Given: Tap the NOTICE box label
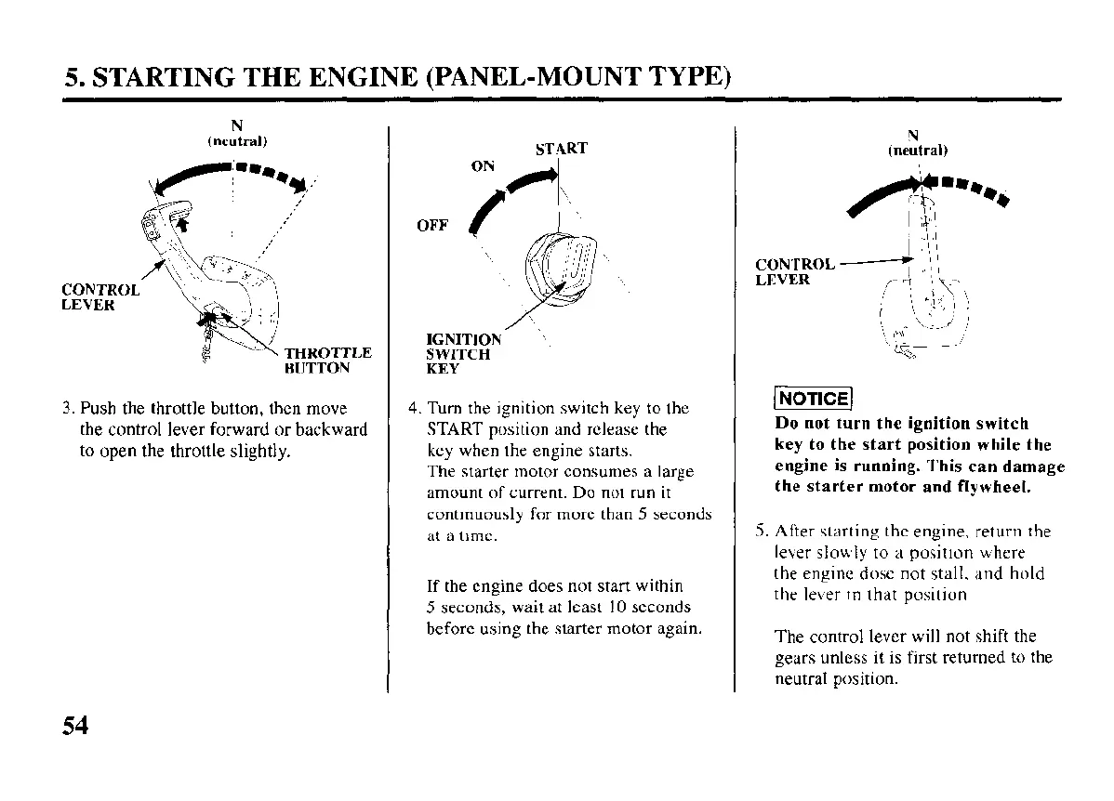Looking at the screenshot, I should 813,400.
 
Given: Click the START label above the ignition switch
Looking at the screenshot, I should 562,149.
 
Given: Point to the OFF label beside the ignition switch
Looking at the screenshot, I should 432,226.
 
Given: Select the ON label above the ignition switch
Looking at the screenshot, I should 483,166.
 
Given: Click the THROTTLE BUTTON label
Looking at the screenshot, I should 327,360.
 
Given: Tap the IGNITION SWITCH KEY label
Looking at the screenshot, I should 462,354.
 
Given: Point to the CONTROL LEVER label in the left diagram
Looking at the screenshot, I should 101,296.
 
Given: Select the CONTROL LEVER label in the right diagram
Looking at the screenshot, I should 794,271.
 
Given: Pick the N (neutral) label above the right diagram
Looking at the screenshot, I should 917,142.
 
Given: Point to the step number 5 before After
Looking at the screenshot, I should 760,532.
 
